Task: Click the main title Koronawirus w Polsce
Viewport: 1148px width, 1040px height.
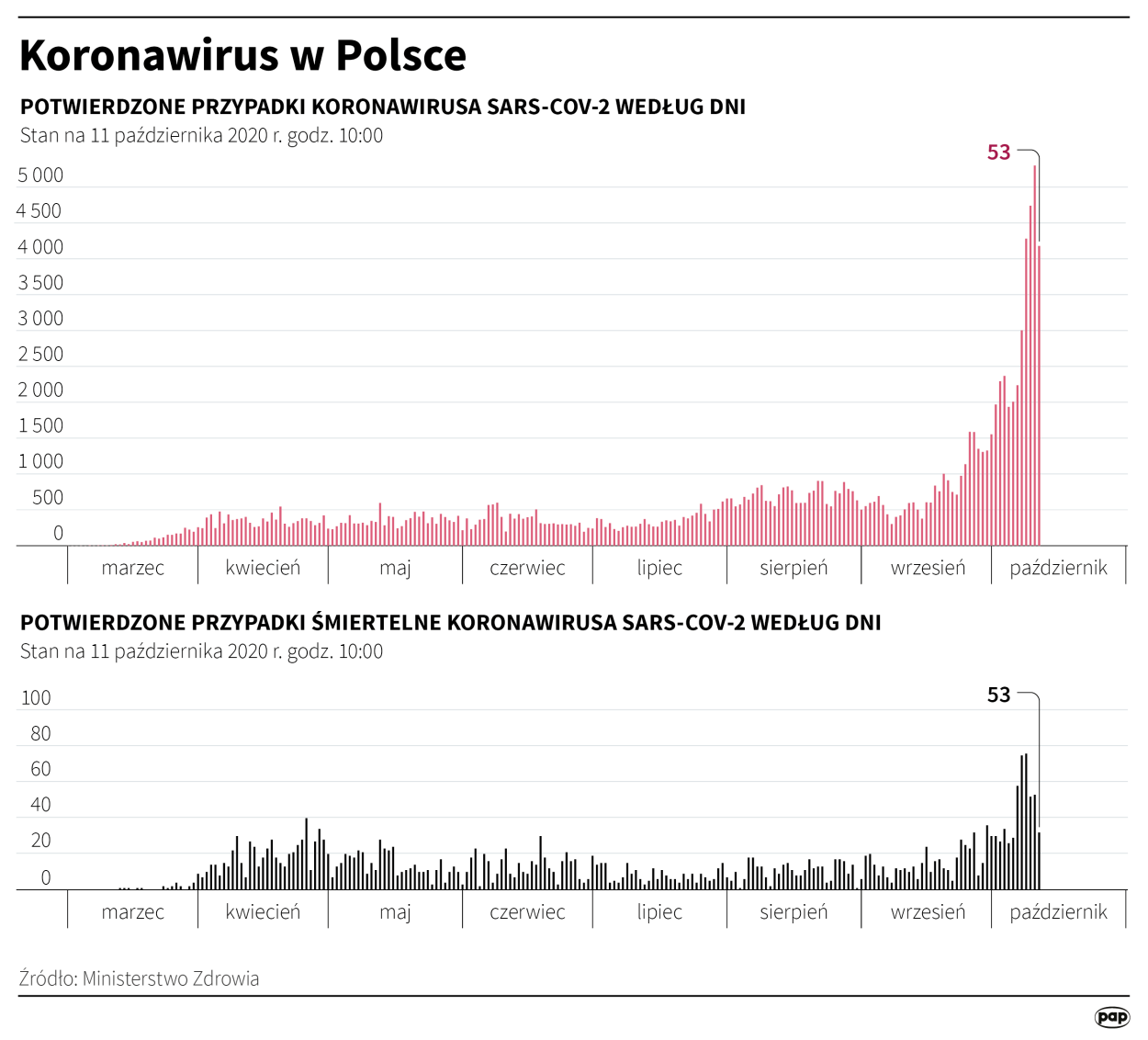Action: point(242,55)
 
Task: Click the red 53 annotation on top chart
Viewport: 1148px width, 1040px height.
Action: point(998,153)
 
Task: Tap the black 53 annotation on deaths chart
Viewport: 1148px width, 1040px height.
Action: point(998,695)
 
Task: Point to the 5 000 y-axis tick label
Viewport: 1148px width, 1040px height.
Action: point(40,175)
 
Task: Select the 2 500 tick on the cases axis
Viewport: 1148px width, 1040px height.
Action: point(40,354)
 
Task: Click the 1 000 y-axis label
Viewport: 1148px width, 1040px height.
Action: point(40,461)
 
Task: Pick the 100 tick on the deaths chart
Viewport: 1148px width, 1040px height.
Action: point(36,697)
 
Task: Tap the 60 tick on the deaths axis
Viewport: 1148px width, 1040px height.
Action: point(40,769)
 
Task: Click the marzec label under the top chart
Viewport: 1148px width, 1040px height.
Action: point(133,568)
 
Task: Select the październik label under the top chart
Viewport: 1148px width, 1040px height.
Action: point(1058,568)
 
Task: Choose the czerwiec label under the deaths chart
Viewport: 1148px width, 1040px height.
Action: point(527,911)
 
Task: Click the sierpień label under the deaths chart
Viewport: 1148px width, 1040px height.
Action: point(793,911)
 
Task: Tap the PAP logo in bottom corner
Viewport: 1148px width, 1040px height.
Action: point(1112,1016)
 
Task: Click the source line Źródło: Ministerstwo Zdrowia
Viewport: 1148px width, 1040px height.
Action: point(139,978)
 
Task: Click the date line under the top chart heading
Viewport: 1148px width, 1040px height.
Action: point(201,136)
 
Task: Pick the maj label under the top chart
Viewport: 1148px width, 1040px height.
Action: point(395,568)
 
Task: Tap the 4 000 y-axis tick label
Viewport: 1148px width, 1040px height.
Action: point(40,246)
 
